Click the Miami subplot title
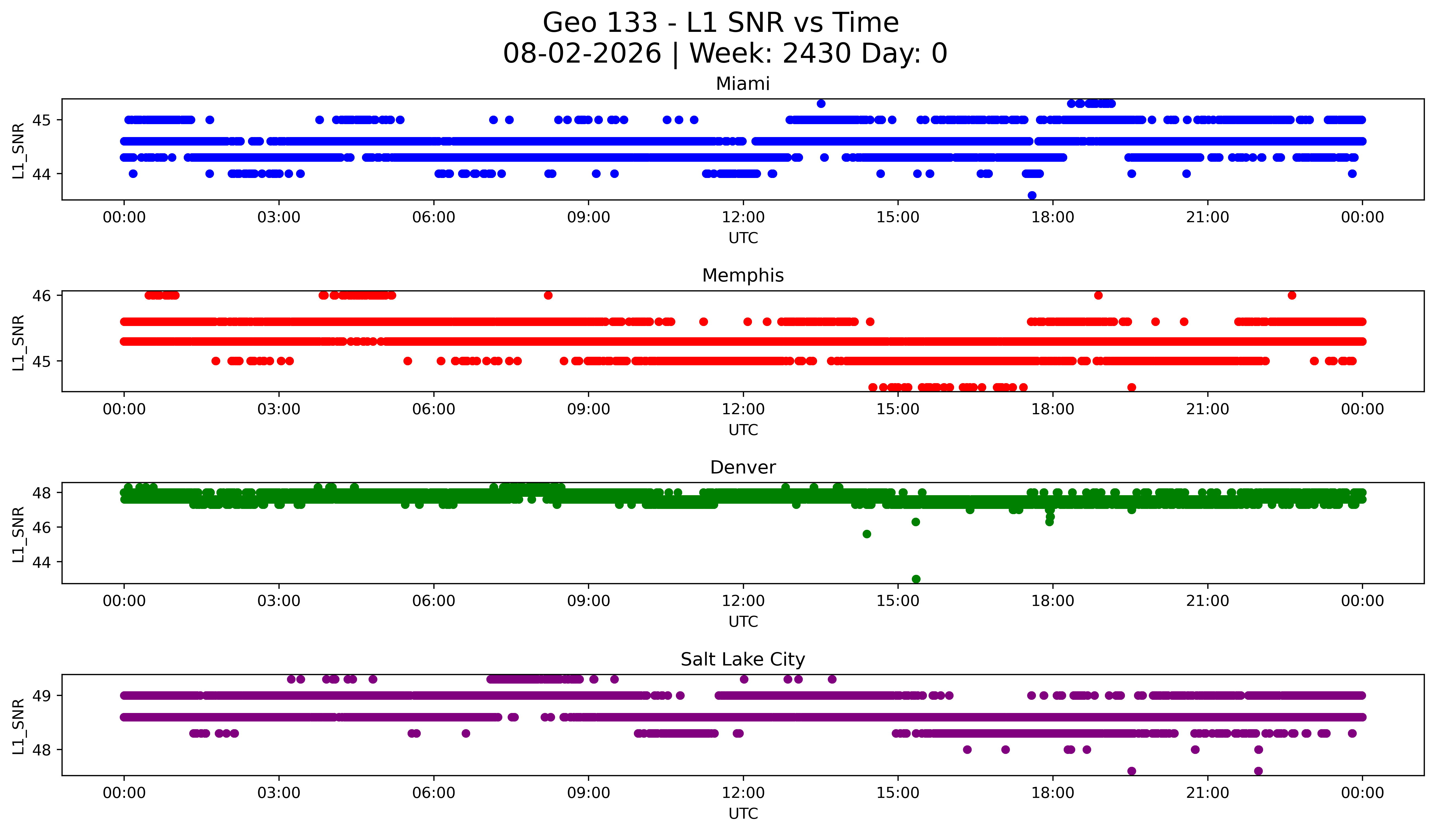pyautogui.click(x=743, y=84)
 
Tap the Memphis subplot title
pyautogui.click(x=743, y=275)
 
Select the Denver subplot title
pyautogui.click(x=743, y=467)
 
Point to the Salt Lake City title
pyautogui.click(x=743, y=659)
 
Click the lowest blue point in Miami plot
pyautogui.click(x=1032, y=195)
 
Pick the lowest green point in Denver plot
pyautogui.click(x=916, y=579)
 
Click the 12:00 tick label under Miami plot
pyautogui.click(x=743, y=218)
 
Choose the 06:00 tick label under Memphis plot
pyautogui.click(x=434, y=409)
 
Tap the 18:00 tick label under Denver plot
pyautogui.click(x=1053, y=601)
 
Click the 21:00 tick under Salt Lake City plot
pyautogui.click(x=1208, y=793)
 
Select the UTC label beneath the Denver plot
pyautogui.click(x=743, y=622)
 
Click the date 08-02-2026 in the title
pyautogui.click(x=582, y=54)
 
